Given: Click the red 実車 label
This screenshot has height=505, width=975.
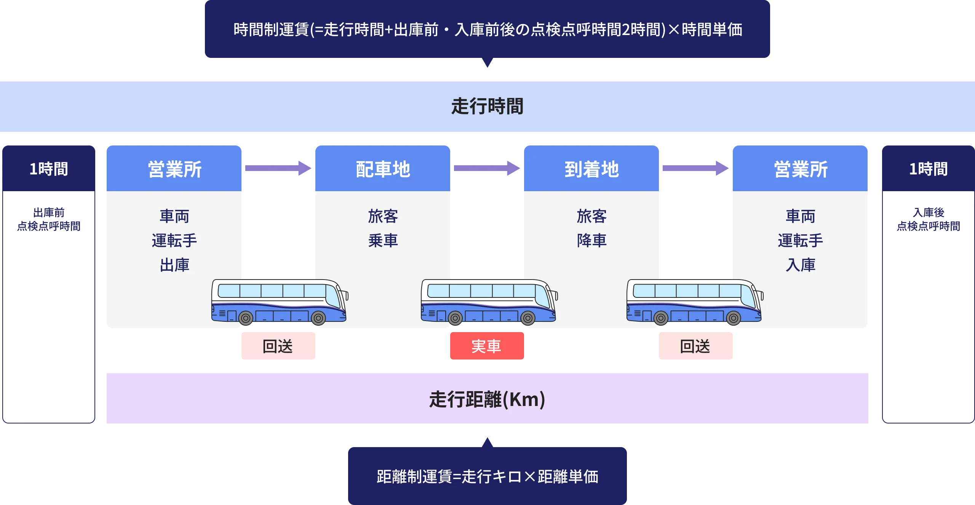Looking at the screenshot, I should coord(486,346).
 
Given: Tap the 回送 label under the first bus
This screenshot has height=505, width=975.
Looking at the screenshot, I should coord(278,346).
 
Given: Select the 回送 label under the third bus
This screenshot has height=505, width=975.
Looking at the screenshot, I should coord(695,346).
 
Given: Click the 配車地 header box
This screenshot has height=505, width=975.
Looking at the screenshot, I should coord(383,169).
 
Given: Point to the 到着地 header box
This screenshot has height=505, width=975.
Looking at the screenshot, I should coord(592,169).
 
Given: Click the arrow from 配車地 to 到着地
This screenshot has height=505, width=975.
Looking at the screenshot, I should coord(487,168).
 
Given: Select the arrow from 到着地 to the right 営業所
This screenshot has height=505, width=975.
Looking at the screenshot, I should coord(695,168).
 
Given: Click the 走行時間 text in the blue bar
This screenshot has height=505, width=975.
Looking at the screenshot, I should coord(487,106).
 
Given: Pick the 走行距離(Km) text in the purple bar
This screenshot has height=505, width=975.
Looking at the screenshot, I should coord(487,399).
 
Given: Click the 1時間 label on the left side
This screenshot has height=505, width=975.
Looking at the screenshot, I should coord(49,169).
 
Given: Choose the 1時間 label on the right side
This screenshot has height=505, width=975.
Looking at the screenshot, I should coord(928,169).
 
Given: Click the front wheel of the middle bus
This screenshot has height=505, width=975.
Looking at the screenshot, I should coord(528,318).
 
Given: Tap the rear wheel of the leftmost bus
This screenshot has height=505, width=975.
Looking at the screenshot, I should coord(246,318).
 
